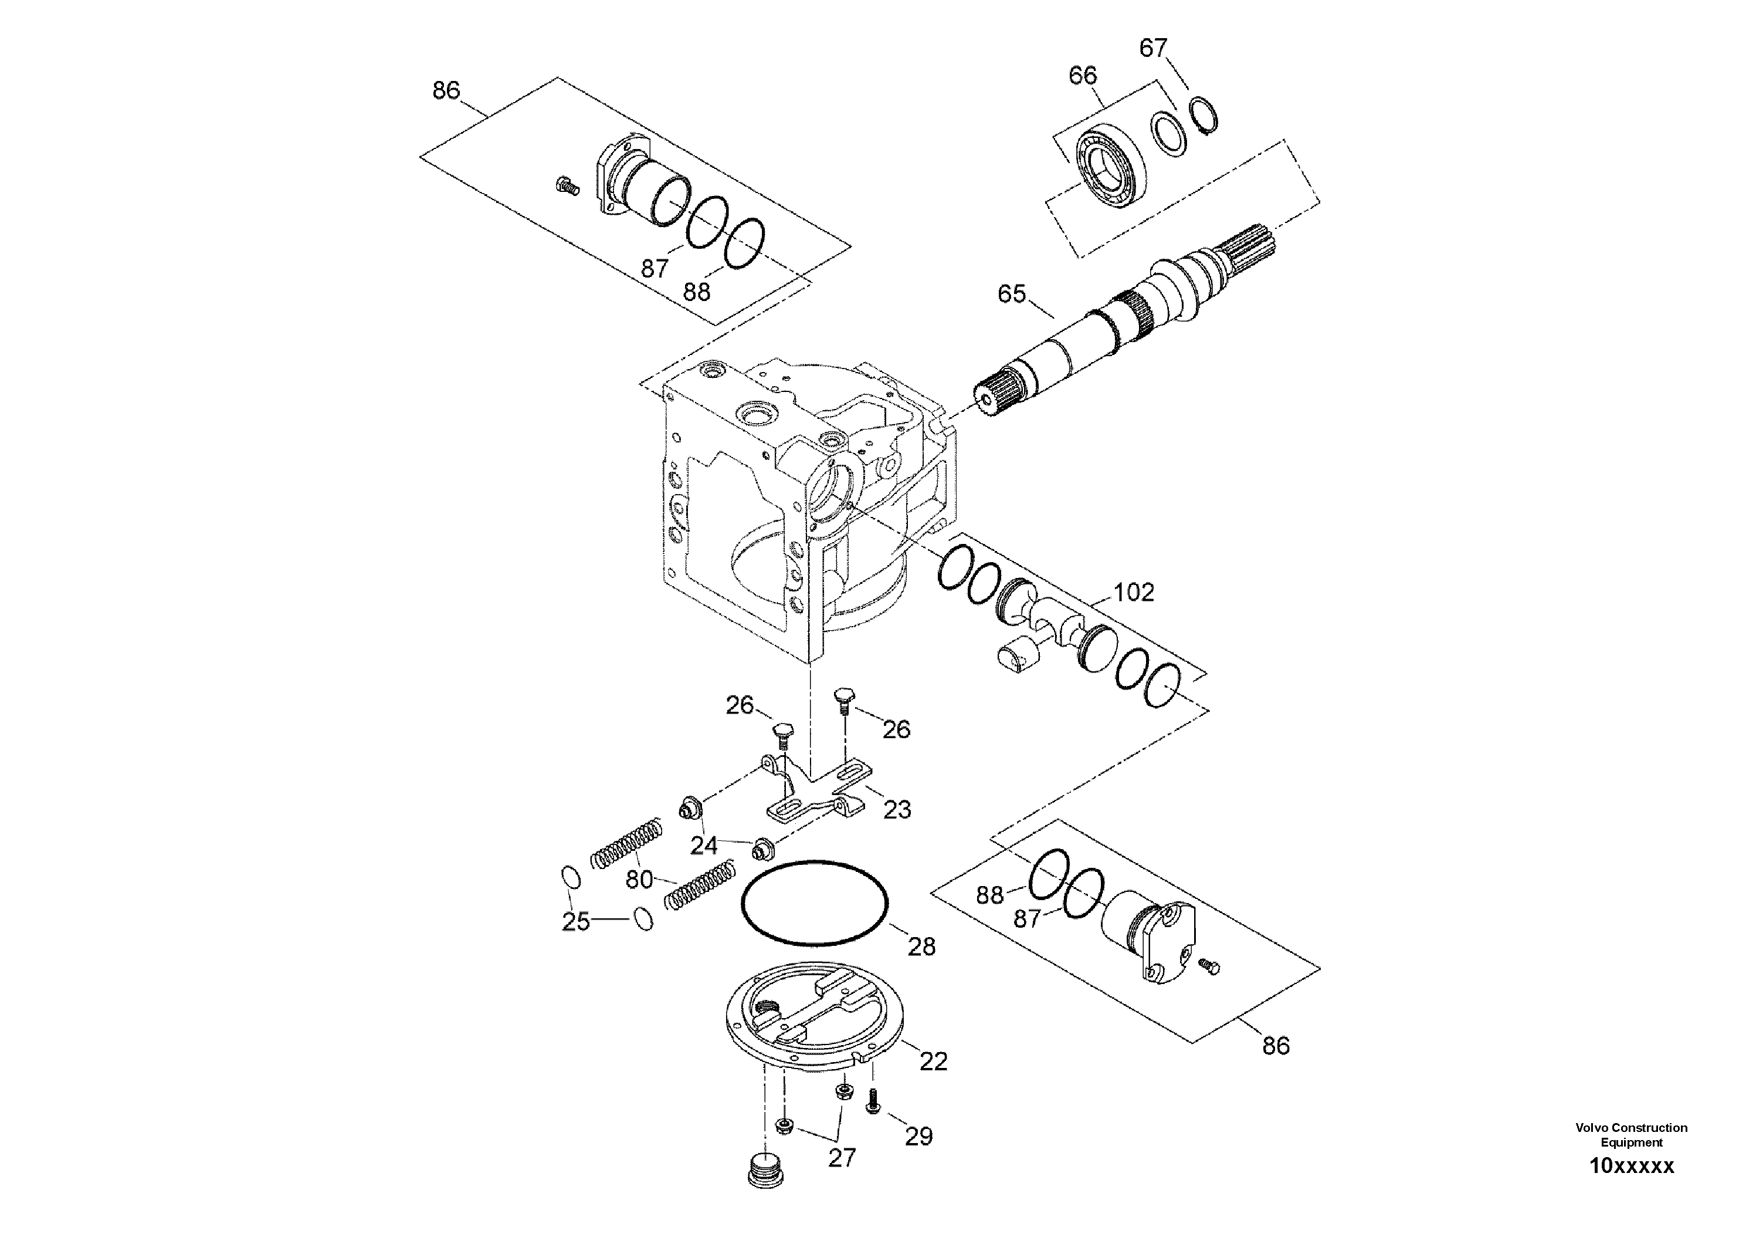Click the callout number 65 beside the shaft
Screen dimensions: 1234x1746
point(1011,293)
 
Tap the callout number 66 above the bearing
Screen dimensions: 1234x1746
point(1083,75)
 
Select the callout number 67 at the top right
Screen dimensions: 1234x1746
point(1153,48)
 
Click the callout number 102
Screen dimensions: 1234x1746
point(1134,592)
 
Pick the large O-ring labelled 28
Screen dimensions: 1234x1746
point(813,904)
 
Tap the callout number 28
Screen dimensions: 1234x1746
point(921,946)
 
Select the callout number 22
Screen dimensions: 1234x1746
point(933,1061)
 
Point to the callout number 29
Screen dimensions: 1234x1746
point(918,1137)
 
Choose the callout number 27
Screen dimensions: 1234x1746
point(842,1158)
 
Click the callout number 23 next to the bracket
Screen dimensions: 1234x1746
point(897,810)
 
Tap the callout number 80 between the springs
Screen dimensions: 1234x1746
point(639,880)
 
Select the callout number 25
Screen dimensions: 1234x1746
point(576,921)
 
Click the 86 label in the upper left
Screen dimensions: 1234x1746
point(446,90)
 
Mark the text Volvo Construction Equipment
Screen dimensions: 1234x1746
point(1631,1134)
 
